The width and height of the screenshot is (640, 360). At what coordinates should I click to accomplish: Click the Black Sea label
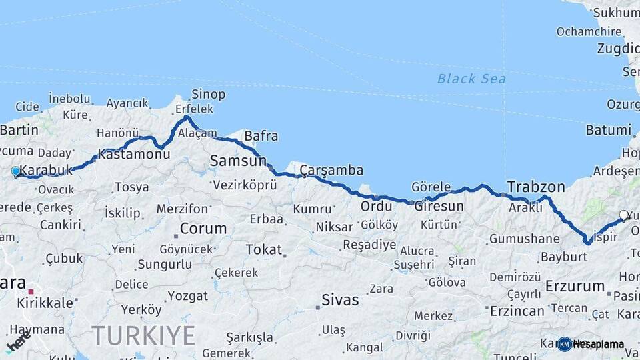(x=471, y=79)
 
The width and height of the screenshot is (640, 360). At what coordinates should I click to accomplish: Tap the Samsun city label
(x=238, y=161)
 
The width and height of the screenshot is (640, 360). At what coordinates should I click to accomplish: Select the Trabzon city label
(x=535, y=187)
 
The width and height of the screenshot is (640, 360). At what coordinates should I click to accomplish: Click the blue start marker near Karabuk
(x=16, y=171)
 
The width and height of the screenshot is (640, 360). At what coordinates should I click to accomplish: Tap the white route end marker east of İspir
(x=623, y=215)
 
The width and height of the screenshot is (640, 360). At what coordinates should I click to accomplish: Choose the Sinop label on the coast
(x=208, y=95)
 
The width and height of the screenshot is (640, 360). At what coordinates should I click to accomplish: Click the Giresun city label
(x=438, y=206)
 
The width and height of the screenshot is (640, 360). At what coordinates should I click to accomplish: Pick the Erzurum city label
(x=574, y=287)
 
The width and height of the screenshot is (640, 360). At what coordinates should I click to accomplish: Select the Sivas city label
(x=341, y=299)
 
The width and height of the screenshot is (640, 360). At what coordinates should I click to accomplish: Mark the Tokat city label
(x=264, y=249)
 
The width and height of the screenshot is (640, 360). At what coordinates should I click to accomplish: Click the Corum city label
(x=203, y=229)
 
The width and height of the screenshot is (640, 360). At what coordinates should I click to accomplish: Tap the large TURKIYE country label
(x=143, y=335)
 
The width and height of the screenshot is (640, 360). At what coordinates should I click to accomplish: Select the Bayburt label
(x=545, y=257)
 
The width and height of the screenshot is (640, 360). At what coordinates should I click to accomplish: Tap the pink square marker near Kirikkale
(x=31, y=291)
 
